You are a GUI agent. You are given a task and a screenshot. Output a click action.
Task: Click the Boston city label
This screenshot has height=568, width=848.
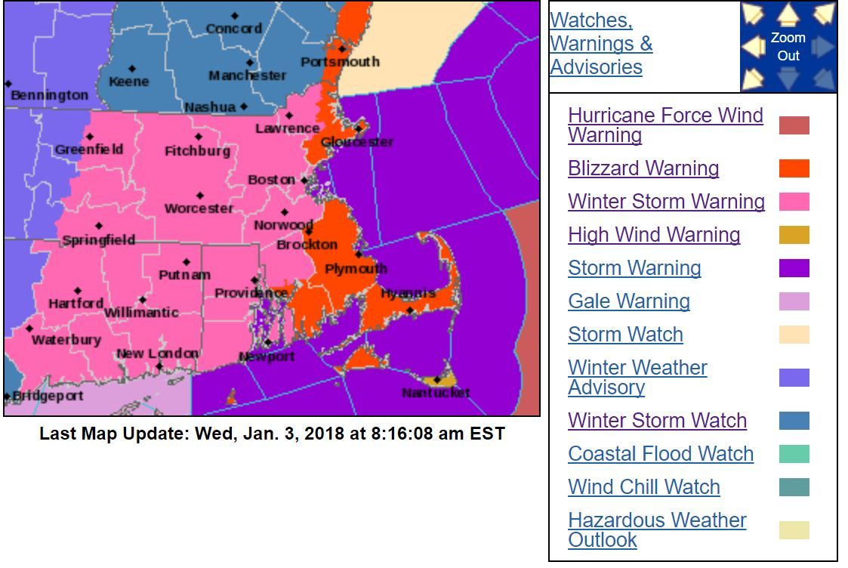coord(271,180)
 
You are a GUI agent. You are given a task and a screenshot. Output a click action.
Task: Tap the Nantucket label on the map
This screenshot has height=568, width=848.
coord(436,393)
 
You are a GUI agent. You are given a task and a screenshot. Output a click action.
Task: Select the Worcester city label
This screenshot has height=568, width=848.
coord(199,208)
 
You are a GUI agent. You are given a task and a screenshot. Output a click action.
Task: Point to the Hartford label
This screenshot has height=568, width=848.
coord(76,304)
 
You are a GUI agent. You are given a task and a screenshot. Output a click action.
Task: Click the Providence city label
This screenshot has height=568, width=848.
coord(251,293)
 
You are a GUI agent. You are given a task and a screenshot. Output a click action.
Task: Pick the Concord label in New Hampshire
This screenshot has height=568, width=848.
coord(234,29)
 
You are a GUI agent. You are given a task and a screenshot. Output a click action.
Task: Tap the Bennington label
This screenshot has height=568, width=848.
coord(49,95)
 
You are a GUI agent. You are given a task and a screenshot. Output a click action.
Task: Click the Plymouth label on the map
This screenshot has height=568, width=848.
coord(356,269)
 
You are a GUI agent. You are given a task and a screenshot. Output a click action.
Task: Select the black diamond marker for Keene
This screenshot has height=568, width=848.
coord(132,69)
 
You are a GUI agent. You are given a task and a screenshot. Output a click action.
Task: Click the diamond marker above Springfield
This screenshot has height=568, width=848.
coord(98,226)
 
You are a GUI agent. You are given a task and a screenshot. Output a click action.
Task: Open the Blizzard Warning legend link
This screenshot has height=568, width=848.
coord(643,168)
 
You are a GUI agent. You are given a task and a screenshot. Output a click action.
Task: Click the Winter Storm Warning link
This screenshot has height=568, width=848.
coord(666,202)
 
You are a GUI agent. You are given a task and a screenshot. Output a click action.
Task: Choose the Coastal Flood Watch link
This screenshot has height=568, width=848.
coord(661,454)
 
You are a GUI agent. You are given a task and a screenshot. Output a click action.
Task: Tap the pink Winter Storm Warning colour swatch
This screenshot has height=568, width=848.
coord(794,202)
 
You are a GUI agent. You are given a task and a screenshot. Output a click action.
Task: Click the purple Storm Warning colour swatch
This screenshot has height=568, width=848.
coord(794,268)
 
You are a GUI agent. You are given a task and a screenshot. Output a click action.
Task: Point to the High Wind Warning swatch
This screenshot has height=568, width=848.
coord(794,235)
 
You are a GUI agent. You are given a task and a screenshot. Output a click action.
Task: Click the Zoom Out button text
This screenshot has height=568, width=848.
coord(788,47)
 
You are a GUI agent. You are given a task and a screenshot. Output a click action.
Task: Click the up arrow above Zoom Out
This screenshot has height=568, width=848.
coord(788,14)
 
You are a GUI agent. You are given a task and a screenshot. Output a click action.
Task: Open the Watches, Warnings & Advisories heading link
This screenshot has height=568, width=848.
coord(601,44)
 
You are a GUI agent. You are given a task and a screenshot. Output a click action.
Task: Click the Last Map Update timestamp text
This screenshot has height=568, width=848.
coord(272,434)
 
